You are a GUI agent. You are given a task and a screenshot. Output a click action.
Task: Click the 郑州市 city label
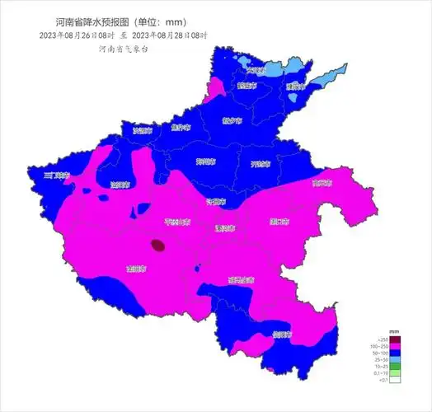point(205,162)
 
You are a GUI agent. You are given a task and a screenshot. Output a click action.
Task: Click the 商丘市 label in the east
point(322,183)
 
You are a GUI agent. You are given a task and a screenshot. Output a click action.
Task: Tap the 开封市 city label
point(261,164)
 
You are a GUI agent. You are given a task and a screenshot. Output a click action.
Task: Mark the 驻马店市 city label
point(241,280)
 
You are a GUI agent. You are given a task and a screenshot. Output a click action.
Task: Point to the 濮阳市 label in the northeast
point(295,87)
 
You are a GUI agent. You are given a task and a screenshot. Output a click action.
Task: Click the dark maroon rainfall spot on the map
point(157,244)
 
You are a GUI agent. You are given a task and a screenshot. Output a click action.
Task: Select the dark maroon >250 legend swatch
point(395,340)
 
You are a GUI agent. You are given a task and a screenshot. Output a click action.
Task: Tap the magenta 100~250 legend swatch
point(395,347)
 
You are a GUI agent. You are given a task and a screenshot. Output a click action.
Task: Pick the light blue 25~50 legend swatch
point(395,360)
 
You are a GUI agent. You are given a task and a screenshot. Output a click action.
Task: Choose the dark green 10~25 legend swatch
point(395,367)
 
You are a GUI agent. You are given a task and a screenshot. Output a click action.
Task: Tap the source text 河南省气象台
point(123,49)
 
